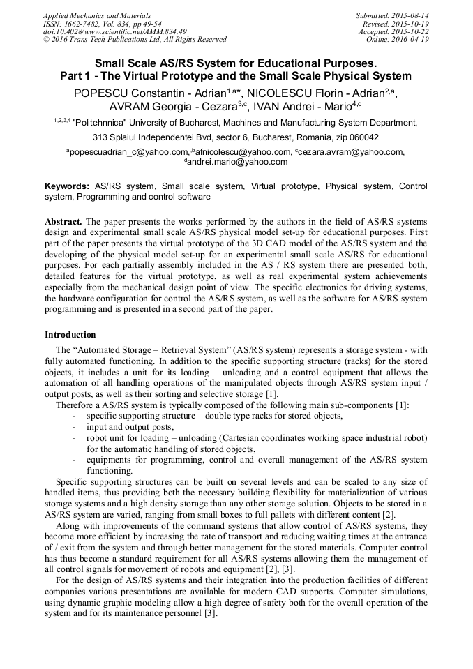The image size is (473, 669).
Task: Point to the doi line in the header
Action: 115,31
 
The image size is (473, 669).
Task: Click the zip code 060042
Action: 363,137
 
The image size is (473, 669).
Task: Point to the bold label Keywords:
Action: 67,187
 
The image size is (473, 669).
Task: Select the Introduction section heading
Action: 70,335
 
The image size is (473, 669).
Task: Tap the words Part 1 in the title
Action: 80,76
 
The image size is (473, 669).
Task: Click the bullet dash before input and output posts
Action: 75,427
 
